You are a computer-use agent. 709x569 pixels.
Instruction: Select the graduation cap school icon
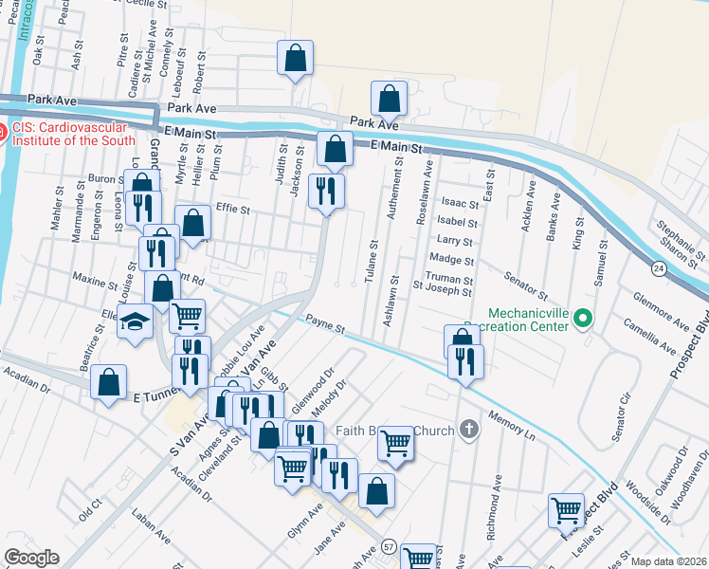pos(136,322)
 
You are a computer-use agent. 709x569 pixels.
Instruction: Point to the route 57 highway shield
pos(390,547)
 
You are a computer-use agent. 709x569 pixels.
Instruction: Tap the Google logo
pos(32,558)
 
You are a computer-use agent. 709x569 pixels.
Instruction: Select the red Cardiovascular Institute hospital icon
pos(3,134)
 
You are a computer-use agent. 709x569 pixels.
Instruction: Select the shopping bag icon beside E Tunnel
pos(109,382)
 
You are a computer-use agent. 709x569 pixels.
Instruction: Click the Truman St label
pos(448,277)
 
